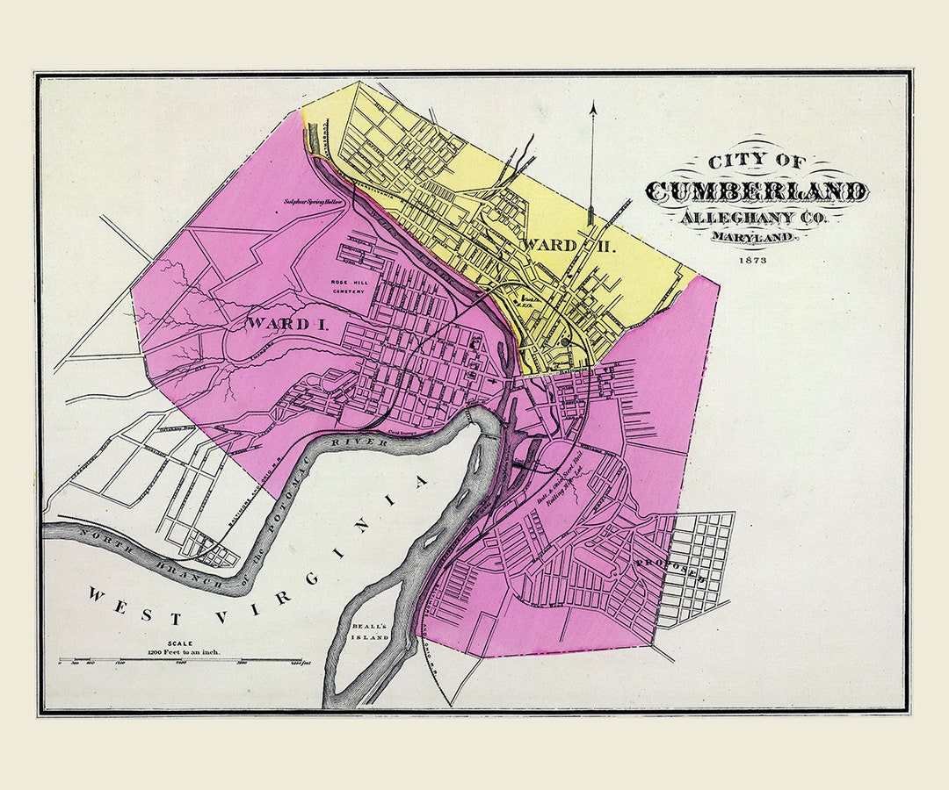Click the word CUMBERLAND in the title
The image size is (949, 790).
pos(757,191)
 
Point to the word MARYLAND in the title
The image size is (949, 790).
pos(757,237)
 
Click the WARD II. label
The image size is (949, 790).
pos(569,245)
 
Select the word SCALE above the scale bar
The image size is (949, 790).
pos(184,643)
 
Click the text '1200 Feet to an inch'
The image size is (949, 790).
pos(184,653)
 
